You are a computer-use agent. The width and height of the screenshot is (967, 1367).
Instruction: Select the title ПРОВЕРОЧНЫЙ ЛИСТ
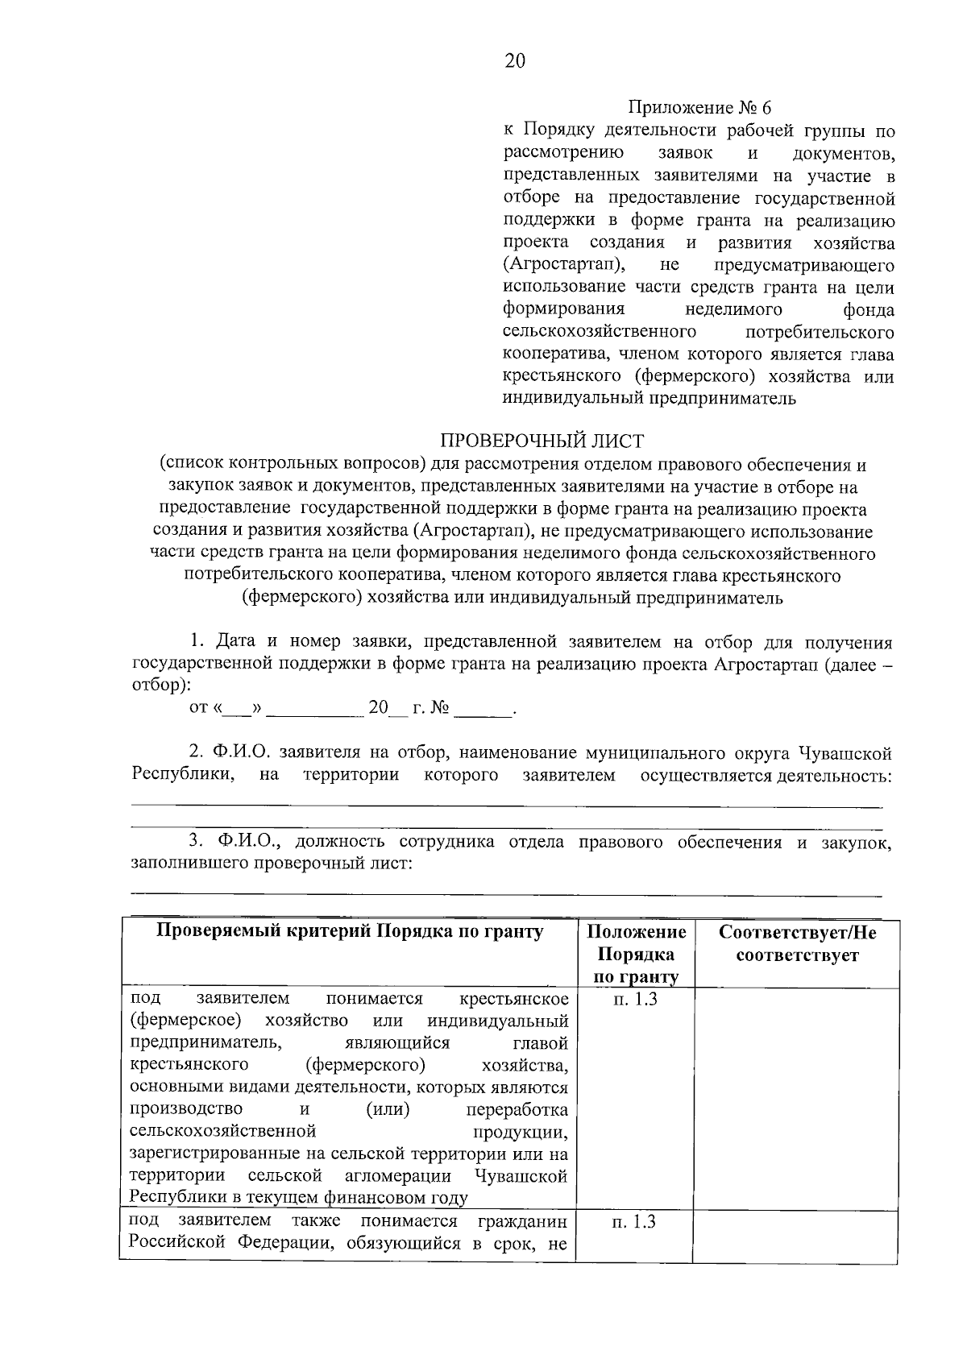coord(542,441)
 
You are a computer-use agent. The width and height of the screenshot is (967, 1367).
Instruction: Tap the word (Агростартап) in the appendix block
coord(567,265)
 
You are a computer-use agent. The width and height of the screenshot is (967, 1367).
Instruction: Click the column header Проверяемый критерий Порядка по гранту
coord(349,932)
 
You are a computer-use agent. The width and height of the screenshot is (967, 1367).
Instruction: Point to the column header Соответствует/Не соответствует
coord(796,944)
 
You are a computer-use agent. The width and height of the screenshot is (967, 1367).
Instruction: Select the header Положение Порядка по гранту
coord(636,955)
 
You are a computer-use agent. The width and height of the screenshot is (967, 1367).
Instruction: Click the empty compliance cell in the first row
coord(796,1096)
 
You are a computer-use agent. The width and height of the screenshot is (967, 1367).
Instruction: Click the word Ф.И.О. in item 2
coord(243,753)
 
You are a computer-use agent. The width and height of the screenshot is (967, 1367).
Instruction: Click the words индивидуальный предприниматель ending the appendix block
coord(650,398)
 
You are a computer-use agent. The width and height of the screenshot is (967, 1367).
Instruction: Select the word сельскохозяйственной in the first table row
coord(222,1132)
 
